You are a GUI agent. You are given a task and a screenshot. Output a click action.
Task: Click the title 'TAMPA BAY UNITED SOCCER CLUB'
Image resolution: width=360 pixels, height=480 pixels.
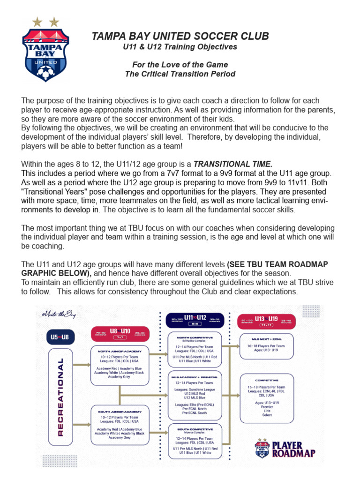[180, 37]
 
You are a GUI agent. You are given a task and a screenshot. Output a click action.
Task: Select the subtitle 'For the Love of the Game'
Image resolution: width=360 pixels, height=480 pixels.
[180, 65]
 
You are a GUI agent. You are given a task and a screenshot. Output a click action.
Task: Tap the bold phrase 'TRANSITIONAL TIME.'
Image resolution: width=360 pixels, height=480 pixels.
[232, 164]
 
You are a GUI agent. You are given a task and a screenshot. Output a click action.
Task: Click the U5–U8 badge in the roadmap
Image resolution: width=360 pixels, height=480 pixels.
[60, 337]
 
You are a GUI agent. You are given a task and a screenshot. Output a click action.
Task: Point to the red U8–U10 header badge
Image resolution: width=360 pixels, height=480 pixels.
[120, 333]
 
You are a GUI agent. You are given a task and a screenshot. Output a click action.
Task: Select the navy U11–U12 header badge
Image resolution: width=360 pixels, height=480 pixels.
[195, 320]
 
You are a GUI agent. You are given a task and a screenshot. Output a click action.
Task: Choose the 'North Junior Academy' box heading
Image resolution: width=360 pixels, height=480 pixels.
[120, 351]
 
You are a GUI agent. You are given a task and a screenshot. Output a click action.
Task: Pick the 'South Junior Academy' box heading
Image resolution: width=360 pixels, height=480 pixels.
[120, 412]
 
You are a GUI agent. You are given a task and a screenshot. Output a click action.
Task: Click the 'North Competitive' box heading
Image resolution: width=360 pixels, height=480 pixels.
[195, 337]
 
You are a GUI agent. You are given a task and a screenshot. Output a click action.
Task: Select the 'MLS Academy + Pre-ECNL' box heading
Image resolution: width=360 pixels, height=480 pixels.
[195, 377]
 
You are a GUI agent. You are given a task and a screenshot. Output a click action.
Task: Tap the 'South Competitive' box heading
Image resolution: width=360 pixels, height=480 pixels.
[195, 429]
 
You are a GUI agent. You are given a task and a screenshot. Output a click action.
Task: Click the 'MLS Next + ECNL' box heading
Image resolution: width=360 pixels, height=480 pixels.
[266, 338]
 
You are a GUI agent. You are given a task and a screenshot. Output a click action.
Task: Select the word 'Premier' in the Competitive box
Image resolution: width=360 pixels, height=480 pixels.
[266, 406]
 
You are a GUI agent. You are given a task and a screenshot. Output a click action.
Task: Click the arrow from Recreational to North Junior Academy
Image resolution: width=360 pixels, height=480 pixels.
[82, 364]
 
